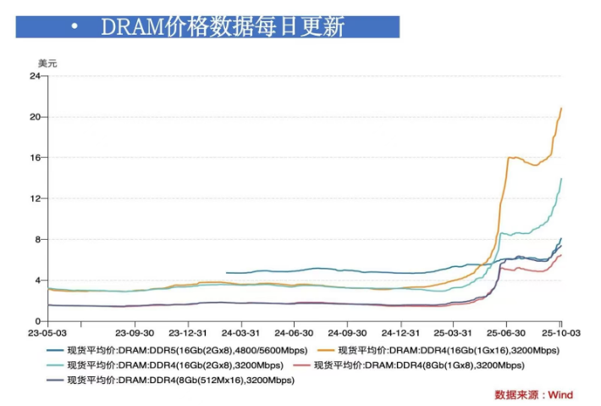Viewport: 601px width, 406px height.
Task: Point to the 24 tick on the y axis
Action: click(x=35, y=76)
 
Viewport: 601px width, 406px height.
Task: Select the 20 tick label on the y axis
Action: click(x=35, y=117)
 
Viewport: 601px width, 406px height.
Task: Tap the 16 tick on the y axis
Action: click(x=35, y=158)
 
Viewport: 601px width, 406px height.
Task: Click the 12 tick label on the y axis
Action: click(x=35, y=198)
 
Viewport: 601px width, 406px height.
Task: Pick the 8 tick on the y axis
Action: click(x=37, y=239)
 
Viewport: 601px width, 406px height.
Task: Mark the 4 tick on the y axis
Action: click(x=37, y=281)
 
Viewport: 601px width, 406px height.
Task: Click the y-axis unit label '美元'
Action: click(x=47, y=63)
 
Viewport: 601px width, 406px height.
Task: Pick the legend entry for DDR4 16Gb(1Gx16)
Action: click(x=449, y=350)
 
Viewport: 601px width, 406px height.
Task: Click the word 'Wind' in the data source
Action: click(x=560, y=395)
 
